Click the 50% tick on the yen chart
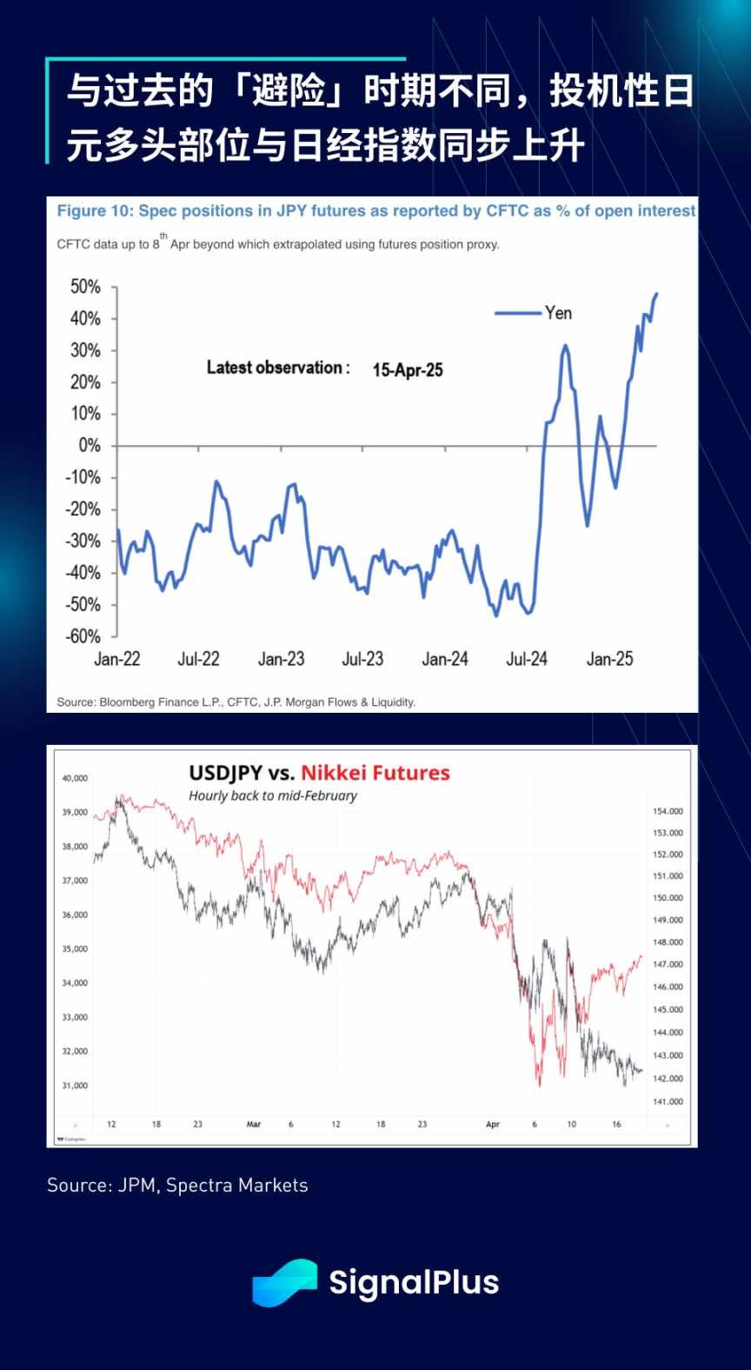coord(85,287)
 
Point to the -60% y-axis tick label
coord(83,636)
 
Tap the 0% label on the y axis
coord(90,446)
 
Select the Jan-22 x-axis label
coord(117,659)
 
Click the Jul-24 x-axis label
coord(527,659)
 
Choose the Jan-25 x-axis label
coord(609,659)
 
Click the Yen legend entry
coord(558,313)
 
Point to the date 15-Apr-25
coord(408,370)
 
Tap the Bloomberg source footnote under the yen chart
coord(236,702)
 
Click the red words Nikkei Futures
coord(375,773)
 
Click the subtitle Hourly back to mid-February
coord(273,795)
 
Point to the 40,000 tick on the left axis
coord(75,778)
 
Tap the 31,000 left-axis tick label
coord(75,1085)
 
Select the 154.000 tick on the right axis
coord(668,811)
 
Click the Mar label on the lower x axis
coord(254,1124)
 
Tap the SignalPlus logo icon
coord(284,1282)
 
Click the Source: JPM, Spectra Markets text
coord(177,1185)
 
